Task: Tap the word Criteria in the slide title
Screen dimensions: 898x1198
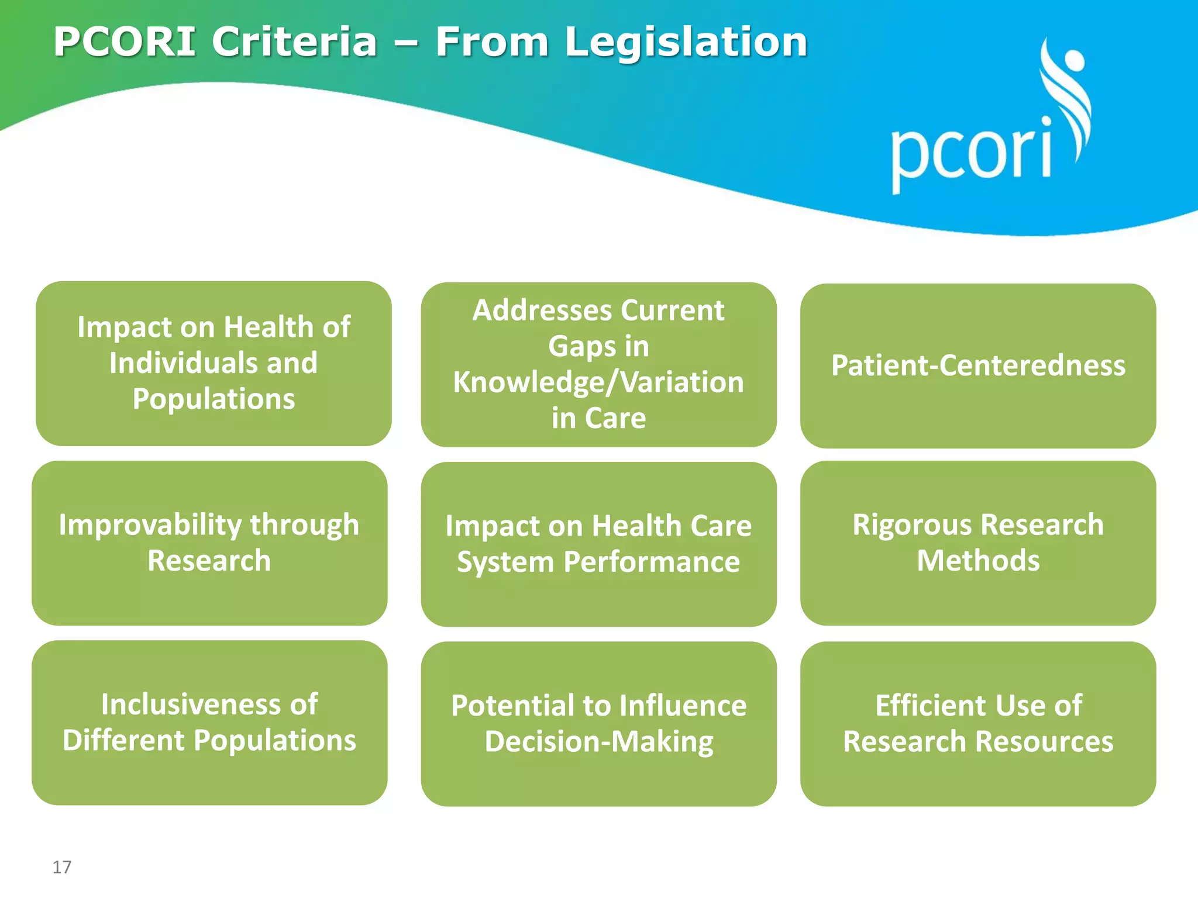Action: (294, 42)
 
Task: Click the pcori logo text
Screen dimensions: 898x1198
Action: (971, 152)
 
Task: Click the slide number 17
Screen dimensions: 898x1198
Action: (62, 867)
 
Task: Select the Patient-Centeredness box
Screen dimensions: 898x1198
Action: (978, 366)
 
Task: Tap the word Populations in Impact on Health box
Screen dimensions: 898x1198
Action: (214, 399)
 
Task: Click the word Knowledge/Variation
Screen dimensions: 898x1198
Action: (598, 382)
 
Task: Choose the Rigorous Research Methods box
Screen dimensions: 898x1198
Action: (978, 543)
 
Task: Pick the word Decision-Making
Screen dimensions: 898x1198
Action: (599, 742)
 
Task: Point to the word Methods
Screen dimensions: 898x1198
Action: (978, 561)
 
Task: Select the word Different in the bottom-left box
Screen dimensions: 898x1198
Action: (123, 740)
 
